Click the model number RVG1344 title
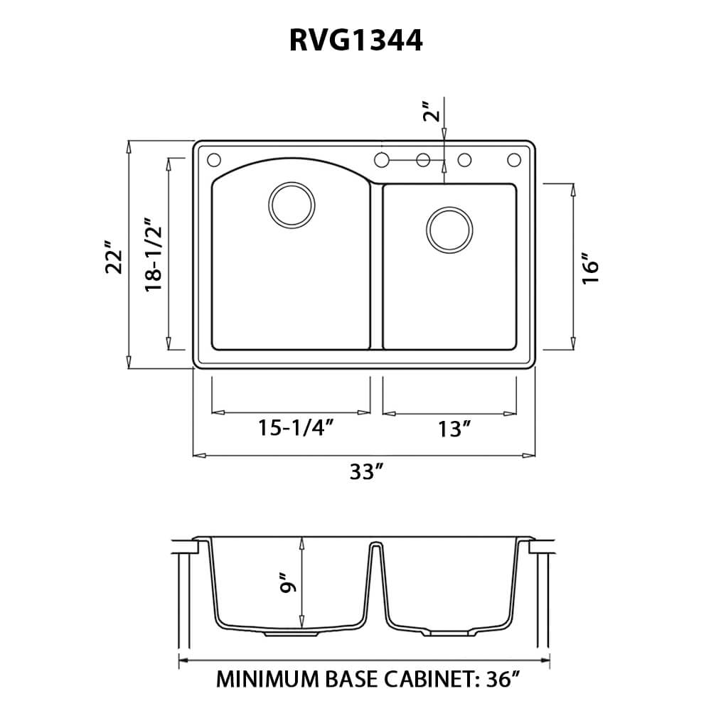pos(355,41)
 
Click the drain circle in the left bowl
pos(291,205)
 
